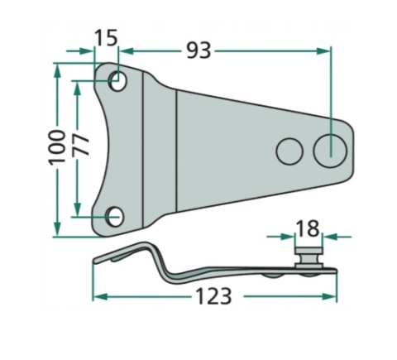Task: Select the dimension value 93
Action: (198, 50)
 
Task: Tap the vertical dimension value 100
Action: (57, 147)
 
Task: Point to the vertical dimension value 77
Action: (81, 146)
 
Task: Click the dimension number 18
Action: (308, 228)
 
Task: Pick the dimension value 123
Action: (213, 296)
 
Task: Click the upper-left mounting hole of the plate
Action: (118, 81)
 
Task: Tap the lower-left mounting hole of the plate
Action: (115, 217)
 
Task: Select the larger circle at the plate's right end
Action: (330, 151)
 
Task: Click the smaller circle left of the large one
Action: (289, 151)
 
